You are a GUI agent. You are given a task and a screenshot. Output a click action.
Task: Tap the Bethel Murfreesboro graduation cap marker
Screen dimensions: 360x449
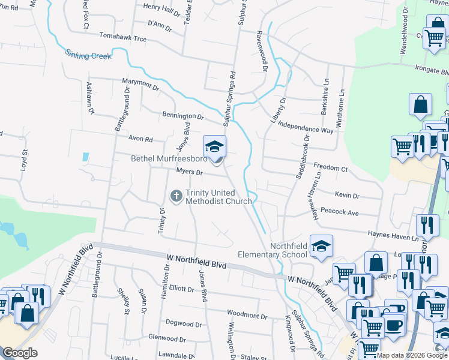(x=214, y=147)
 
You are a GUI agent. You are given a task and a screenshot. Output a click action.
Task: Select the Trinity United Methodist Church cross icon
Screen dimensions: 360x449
(x=176, y=196)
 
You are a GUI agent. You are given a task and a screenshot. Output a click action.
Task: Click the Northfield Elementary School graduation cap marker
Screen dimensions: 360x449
(x=321, y=247)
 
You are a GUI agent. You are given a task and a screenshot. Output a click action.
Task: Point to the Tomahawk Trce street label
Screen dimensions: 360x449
(x=122, y=37)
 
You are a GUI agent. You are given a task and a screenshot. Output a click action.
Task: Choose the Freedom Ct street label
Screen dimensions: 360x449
(x=331, y=168)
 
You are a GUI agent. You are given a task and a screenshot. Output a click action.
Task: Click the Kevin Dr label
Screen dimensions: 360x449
(x=347, y=196)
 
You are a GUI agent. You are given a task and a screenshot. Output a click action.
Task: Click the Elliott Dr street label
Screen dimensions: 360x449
(x=181, y=289)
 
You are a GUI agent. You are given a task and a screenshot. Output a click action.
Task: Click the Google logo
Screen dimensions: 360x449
(x=20, y=353)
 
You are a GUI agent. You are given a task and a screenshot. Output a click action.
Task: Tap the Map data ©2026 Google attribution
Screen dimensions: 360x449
(x=412, y=355)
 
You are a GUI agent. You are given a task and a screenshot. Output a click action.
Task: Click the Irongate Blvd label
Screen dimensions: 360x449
(x=430, y=70)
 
